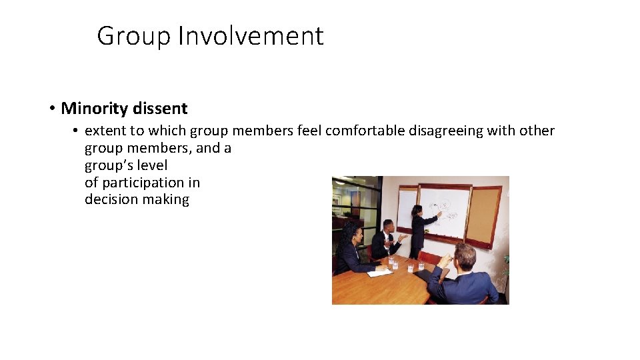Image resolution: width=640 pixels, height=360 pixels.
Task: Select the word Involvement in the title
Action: click(251, 36)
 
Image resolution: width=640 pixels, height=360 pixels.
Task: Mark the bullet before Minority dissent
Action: click(51, 108)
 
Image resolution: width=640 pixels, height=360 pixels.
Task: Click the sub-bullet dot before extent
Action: click(77, 131)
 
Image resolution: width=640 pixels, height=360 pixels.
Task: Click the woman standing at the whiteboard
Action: click(418, 230)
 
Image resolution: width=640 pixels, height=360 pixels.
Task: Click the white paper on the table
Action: click(379, 273)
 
